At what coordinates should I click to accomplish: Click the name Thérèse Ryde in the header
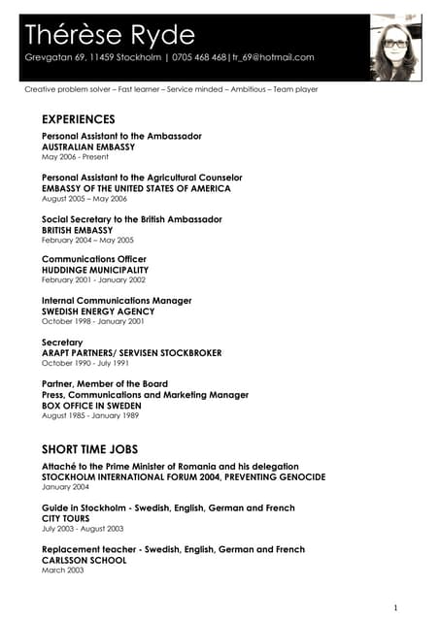110,35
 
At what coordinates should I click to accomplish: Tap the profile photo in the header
394,48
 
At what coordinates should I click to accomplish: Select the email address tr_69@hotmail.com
273,57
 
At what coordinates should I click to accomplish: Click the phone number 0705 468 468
200,57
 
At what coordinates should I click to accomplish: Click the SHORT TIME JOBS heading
89,449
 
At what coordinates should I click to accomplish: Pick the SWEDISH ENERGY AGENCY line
98,311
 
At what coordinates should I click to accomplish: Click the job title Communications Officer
94,259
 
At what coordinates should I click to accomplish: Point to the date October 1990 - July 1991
85,363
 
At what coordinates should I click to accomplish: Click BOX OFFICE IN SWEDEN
91,406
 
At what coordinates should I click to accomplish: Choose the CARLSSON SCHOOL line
84,560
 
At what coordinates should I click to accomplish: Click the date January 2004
64,487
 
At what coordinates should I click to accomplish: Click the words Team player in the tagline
294,89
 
